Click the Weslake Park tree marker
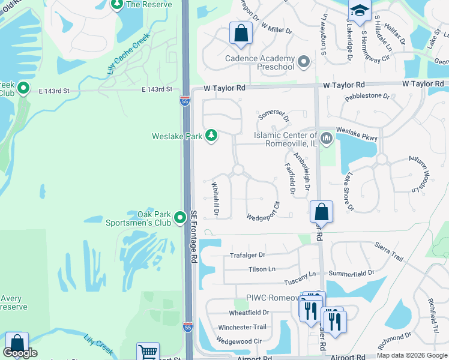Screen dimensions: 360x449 point(211,136)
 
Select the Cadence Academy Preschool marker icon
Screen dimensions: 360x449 point(304,62)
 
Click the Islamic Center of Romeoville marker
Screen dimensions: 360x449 point(327,139)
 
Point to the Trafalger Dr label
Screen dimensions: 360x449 point(247,255)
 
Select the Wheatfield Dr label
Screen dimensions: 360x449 point(249,313)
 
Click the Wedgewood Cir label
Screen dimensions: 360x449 point(240,341)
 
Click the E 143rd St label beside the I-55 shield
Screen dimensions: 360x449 point(157,90)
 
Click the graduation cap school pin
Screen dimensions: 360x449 point(360,11)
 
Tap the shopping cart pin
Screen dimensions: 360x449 point(148,352)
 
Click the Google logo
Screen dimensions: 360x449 point(20,353)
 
